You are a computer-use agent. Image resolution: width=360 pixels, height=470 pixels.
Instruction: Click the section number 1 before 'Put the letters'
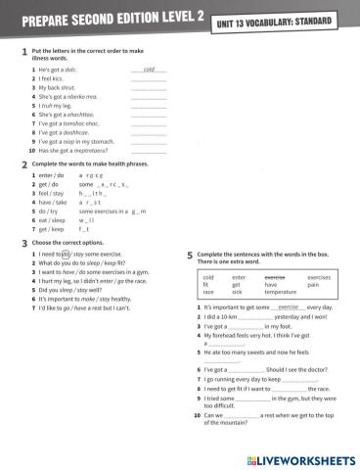click(22, 53)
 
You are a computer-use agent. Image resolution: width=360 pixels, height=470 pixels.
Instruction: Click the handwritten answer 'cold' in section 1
click(149, 71)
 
